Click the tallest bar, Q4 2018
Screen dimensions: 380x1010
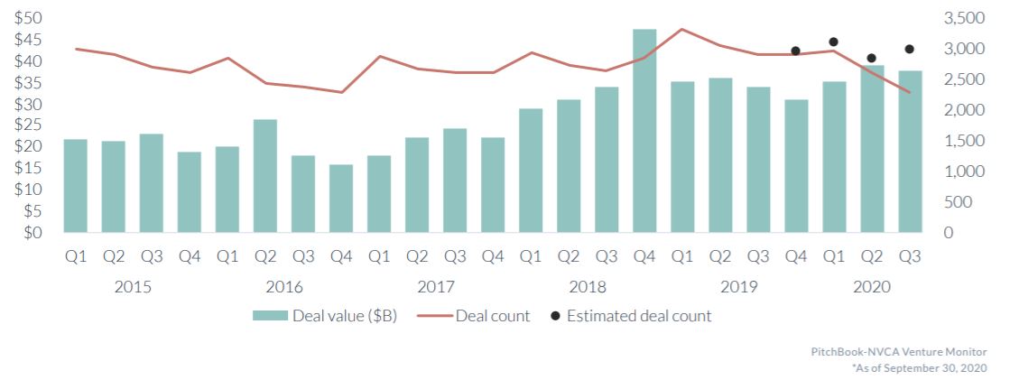[644, 131]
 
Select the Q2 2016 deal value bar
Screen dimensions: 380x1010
[265, 176]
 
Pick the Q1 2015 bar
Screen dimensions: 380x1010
[76, 186]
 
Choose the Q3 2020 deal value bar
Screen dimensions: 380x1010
[909, 152]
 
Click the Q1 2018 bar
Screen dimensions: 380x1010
[531, 171]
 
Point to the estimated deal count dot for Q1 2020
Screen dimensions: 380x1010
[833, 42]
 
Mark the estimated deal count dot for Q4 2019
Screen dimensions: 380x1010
[795, 51]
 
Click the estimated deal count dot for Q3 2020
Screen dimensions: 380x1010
[909, 49]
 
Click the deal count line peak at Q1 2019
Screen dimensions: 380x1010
[682, 29]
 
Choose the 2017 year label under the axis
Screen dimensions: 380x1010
[436, 287]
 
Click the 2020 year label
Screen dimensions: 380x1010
[871, 287]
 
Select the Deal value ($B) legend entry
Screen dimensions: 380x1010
[325, 316]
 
